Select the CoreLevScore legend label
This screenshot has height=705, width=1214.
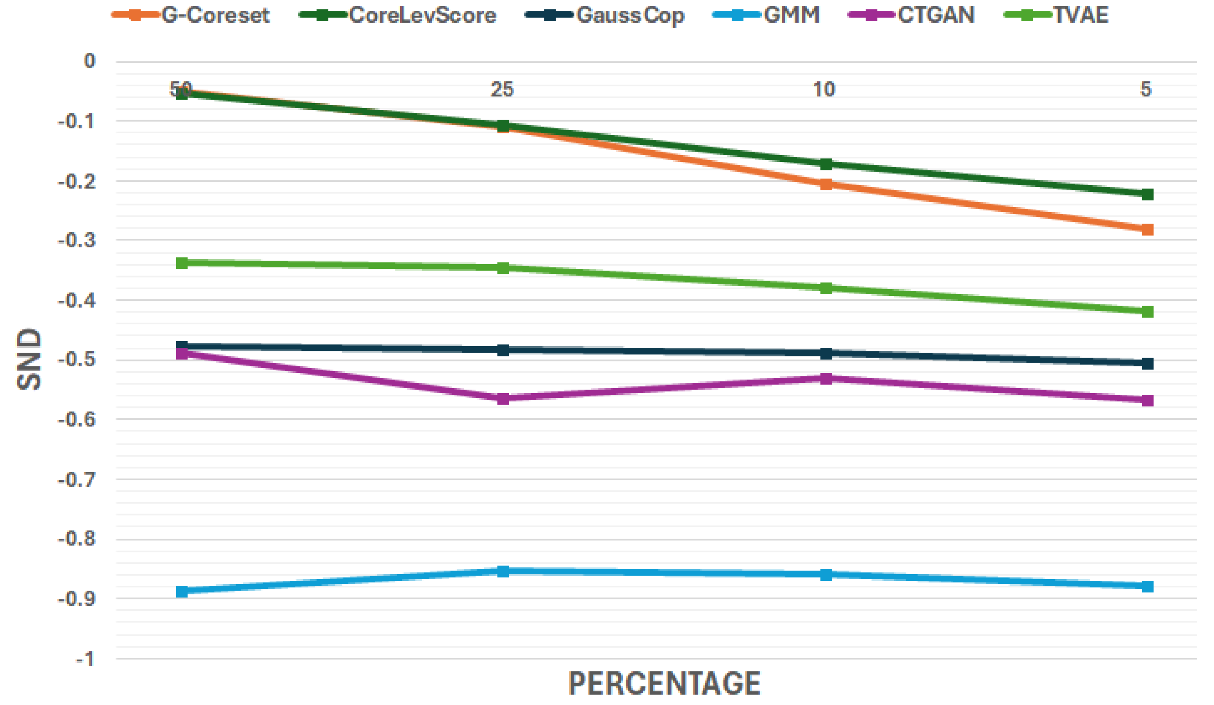[422, 15]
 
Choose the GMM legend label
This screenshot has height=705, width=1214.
[792, 15]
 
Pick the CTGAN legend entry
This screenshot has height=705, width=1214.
[936, 15]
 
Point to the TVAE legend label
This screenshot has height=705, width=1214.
[1080, 15]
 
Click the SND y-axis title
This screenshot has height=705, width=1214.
[29, 359]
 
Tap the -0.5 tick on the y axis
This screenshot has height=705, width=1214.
[77, 360]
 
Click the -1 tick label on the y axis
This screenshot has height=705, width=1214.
[85, 659]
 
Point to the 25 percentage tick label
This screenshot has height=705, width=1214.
[503, 89]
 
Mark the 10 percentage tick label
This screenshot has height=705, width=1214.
[824, 89]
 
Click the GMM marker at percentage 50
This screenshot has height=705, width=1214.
[182, 592]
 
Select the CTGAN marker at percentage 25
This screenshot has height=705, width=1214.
[503, 399]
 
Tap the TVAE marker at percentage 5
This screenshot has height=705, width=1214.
[1148, 311]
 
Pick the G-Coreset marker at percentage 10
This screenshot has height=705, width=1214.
[826, 184]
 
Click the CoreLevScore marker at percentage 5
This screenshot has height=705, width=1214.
[1148, 194]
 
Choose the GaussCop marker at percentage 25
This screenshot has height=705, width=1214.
[503, 350]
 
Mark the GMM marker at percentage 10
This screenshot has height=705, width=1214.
[826, 574]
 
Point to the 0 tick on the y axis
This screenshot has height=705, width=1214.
[89, 61]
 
